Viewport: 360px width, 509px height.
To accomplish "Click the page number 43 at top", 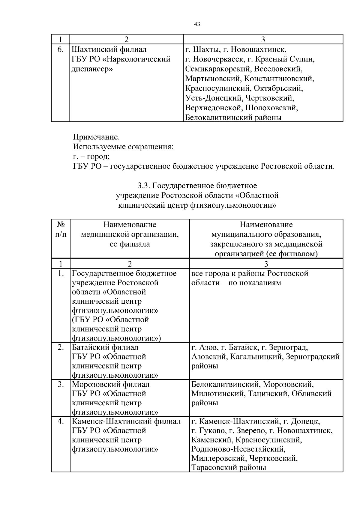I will click(x=197, y=24).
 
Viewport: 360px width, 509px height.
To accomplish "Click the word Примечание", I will click(x=96, y=137).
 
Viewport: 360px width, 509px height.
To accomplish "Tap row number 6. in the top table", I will click(x=60, y=49).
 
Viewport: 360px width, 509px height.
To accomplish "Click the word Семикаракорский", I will click(x=218, y=69).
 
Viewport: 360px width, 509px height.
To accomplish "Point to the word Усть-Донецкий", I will click(x=214, y=98).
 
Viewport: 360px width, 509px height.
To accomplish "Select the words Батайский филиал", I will click(x=105, y=347).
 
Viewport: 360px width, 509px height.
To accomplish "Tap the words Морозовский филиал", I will click(x=111, y=384).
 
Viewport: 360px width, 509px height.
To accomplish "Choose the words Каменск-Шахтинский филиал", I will click(x=126, y=421).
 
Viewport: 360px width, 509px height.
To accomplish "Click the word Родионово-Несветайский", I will click(x=238, y=449).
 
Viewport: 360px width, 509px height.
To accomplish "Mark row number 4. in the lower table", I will click(x=61, y=421).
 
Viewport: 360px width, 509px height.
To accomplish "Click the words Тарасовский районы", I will click(x=229, y=468).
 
